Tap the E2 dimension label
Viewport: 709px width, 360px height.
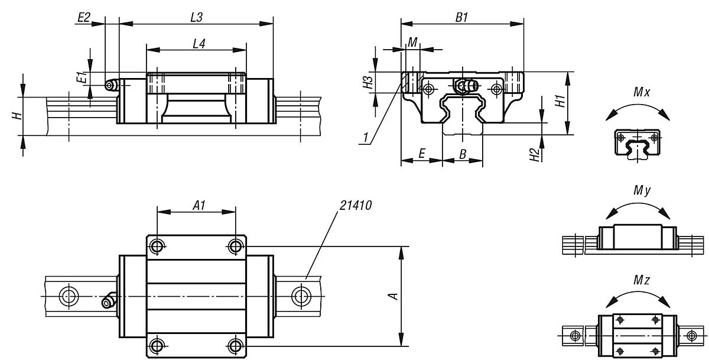(84, 18)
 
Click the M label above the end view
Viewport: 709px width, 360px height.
(414, 41)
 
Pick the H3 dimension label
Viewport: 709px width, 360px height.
(369, 82)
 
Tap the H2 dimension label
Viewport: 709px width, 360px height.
(535, 155)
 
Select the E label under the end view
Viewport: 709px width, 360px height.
(421, 153)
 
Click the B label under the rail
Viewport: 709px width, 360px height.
(463, 153)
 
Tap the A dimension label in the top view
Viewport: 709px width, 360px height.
(395, 296)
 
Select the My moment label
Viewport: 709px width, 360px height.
(640, 191)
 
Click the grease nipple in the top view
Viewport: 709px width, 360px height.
(108, 301)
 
